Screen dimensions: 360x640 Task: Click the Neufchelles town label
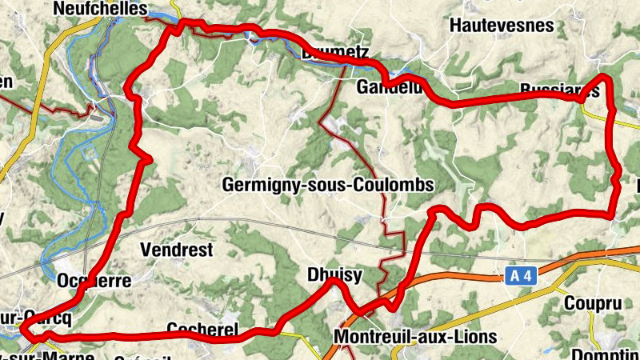coord(99,9)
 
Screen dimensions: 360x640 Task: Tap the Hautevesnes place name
coord(502,26)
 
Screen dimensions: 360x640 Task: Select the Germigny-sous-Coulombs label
coord(327,185)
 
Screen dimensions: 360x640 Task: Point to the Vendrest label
coord(176,250)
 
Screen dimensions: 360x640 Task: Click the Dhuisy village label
coord(334,275)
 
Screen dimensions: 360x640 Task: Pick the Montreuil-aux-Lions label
coord(415,337)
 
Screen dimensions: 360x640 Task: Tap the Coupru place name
coord(592,303)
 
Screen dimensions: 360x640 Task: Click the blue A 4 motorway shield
coord(520,277)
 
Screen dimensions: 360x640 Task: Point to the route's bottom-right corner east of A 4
coord(612,214)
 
